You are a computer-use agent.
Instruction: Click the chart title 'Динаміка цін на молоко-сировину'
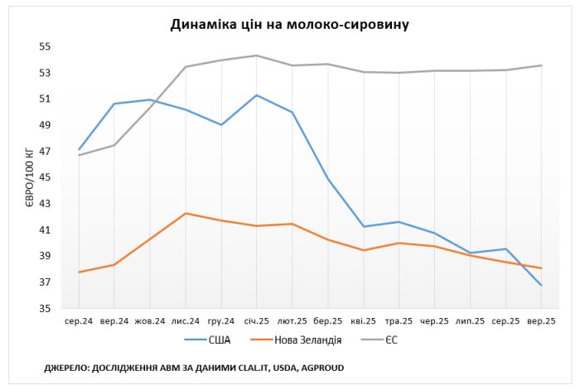[289, 25]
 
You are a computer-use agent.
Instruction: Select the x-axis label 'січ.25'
[257, 320]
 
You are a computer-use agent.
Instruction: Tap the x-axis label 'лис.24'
[186, 320]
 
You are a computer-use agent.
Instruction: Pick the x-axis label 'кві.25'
[364, 320]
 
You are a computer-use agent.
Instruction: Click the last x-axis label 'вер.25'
[542, 320]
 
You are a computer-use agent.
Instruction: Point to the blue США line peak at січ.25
[257, 95]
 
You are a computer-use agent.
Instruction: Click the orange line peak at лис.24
[186, 214]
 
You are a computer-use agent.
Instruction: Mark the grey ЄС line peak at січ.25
[257, 55]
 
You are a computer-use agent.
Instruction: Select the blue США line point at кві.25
[364, 226]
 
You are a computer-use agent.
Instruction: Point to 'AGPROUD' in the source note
[318, 367]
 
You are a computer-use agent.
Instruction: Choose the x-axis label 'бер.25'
[328, 320]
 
